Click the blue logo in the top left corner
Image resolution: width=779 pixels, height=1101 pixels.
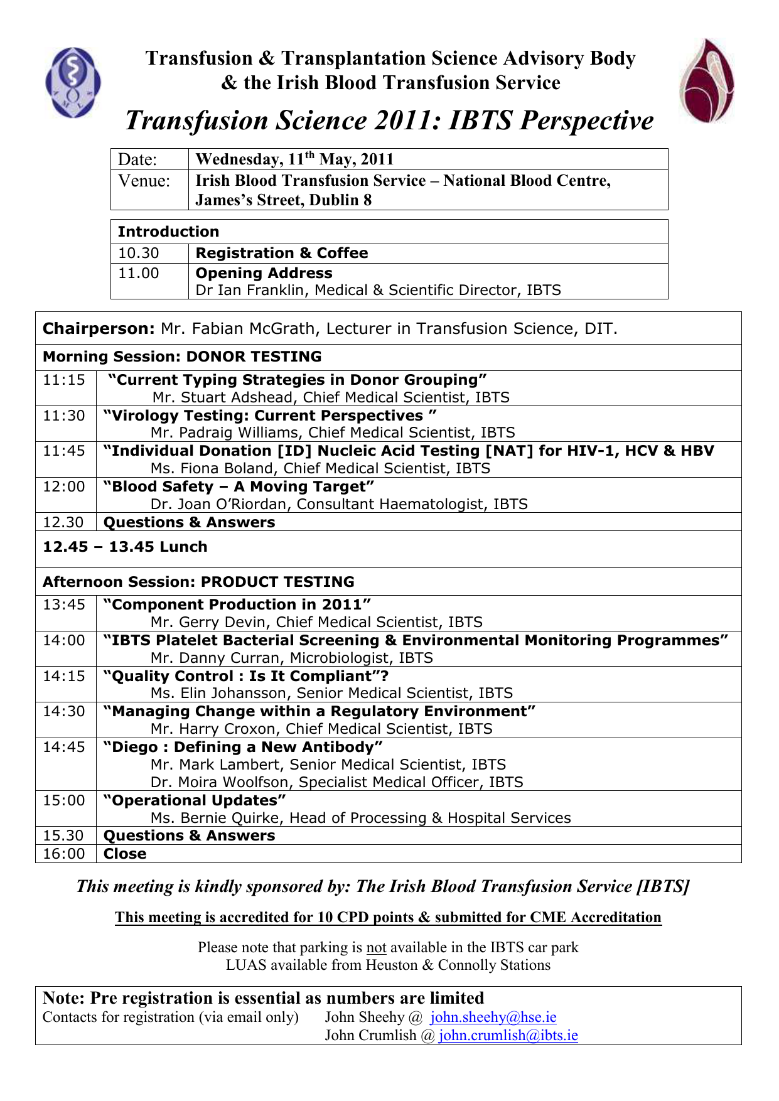coord(72,82)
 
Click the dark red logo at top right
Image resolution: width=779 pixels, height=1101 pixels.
coord(706,80)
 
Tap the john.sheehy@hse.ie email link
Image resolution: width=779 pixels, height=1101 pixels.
coord(493,1017)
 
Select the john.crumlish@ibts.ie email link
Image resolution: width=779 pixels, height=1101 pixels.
coord(508,1035)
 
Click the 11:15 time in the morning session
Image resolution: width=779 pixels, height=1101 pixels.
coord(64,380)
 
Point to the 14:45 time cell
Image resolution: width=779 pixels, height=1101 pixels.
coord(64,747)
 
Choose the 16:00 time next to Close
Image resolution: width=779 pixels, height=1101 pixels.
coord(64,854)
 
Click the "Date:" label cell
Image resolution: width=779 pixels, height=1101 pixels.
coord(138,159)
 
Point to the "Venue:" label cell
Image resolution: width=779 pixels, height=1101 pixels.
coord(145,181)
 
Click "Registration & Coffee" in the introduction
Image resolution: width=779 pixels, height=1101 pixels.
coord(282,253)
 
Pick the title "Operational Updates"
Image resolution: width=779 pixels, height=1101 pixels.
coord(195,800)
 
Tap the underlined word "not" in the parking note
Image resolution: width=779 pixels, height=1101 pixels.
coord(376,947)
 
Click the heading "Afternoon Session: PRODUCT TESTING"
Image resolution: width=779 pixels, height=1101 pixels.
coord(198,582)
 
